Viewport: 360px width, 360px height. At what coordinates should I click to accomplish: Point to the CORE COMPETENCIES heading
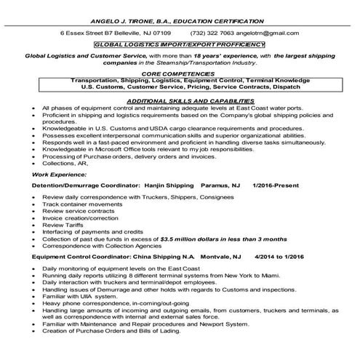click(x=180, y=74)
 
